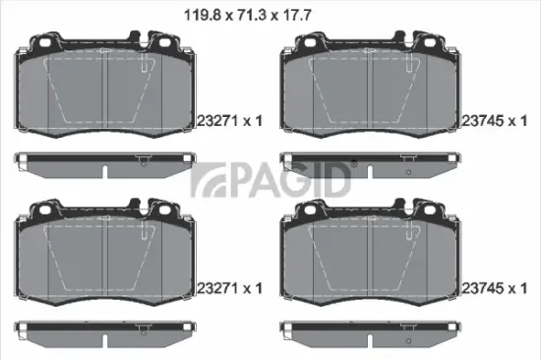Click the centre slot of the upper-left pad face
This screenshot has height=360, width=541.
coord(105,94)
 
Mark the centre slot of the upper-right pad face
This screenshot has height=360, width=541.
coord(369,94)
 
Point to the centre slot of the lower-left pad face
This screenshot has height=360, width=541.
coord(105,262)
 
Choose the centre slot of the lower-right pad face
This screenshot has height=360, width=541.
coord(369,262)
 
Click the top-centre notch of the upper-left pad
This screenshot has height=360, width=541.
coord(105,45)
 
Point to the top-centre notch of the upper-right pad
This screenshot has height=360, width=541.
coord(369,45)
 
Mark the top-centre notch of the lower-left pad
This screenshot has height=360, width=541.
coord(105,212)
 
